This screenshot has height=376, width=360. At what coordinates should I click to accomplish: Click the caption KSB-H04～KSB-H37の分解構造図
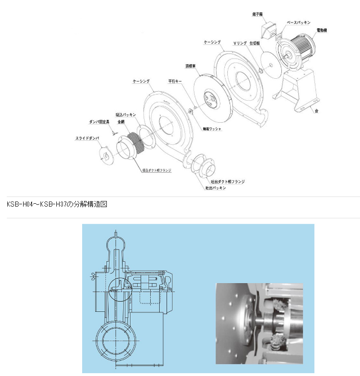click(57, 204)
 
